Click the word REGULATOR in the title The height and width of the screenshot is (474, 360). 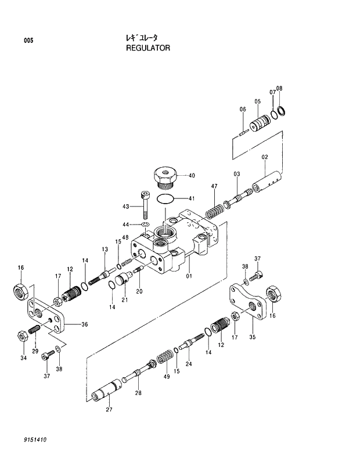click(x=148, y=48)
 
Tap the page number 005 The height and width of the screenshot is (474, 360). click(x=28, y=41)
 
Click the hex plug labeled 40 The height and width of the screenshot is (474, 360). click(x=165, y=176)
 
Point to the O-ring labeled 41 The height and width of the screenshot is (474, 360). click(x=166, y=198)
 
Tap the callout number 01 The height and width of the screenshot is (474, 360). click(x=189, y=276)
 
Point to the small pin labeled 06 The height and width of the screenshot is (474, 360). click(x=244, y=131)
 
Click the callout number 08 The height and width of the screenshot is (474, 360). click(x=279, y=88)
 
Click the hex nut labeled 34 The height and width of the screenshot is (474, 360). click(x=20, y=335)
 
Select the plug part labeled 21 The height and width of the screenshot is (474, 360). click(x=122, y=282)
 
